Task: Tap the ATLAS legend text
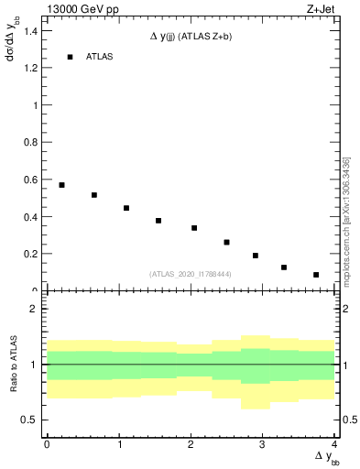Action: pyautogui.click(x=100, y=57)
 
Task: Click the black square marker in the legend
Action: pyautogui.click(x=70, y=57)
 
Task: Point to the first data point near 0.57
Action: pyautogui.click(x=61, y=185)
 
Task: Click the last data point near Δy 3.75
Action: pyautogui.click(x=316, y=275)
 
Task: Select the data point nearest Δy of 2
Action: pyautogui.click(x=194, y=228)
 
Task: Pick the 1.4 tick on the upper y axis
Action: pyautogui.click(x=34, y=30)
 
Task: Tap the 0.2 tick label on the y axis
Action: pyautogui.click(x=34, y=254)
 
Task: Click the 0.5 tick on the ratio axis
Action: pyautogui.click(x=34, y=420)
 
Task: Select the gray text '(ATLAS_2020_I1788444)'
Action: pyautogui.click(x=191, y=274)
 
